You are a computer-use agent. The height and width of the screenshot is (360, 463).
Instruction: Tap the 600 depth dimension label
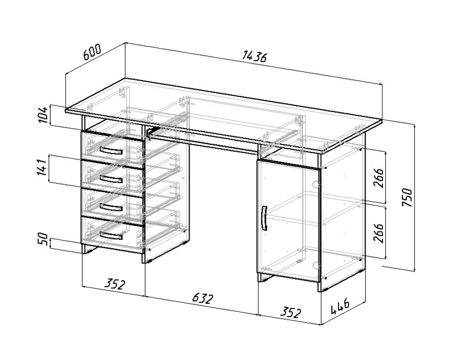pos(92,52)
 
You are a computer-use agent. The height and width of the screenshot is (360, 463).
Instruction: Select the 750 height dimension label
pos(407,197)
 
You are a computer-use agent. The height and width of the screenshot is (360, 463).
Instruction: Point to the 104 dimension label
pos(43,115)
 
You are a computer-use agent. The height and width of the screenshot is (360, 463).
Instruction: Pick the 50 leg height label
pos(43,239)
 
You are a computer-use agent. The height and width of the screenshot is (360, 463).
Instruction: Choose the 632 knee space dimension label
pos(202,299)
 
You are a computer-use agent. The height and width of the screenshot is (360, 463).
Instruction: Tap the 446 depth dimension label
pos(340,307)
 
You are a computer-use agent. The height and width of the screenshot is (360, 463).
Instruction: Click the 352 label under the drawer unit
pos(114,284)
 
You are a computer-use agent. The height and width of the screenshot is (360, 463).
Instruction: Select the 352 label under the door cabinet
pos(290,312)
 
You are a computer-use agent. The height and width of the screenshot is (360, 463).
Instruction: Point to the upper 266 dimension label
pos(378,178)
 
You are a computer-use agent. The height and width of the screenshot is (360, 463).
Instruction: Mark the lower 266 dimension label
pos(378,233)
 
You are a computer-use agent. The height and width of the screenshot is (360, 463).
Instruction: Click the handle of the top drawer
pos(111,151)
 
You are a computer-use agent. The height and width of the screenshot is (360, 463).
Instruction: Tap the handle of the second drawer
pos(111,179)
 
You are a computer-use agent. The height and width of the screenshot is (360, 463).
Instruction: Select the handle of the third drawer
pos(111,208)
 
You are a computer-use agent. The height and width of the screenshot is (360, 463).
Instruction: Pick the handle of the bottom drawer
pos(111,236)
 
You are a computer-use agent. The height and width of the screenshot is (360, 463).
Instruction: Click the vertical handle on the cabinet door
pos(264,218)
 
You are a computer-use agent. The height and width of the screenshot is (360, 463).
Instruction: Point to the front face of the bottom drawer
pos(112,234)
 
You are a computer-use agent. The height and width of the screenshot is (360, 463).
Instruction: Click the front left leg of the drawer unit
pos(83,249)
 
